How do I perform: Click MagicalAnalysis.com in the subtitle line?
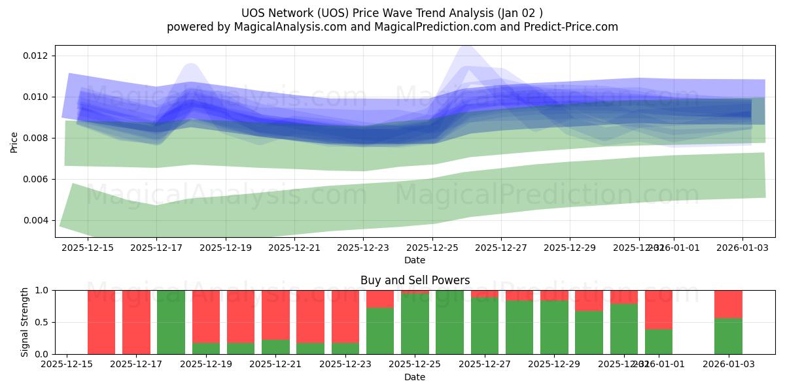click(285, 27)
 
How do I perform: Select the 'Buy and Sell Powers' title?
click(415, 280)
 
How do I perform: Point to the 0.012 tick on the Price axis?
click(35, 56)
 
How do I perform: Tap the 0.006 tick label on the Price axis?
click(35, 179)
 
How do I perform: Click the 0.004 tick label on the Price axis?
click(35, 220)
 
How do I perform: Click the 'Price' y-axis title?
click(14, 141)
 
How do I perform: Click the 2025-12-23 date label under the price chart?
click(363, 248)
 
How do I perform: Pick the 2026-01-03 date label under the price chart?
click(742, 248)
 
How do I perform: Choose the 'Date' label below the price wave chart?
click(415, 260)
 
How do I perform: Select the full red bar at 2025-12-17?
click(136, 322)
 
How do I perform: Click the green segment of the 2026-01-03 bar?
click(728, 336)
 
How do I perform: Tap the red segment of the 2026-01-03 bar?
click(728, 304)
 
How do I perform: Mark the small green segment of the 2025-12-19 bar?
click(206, 348)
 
